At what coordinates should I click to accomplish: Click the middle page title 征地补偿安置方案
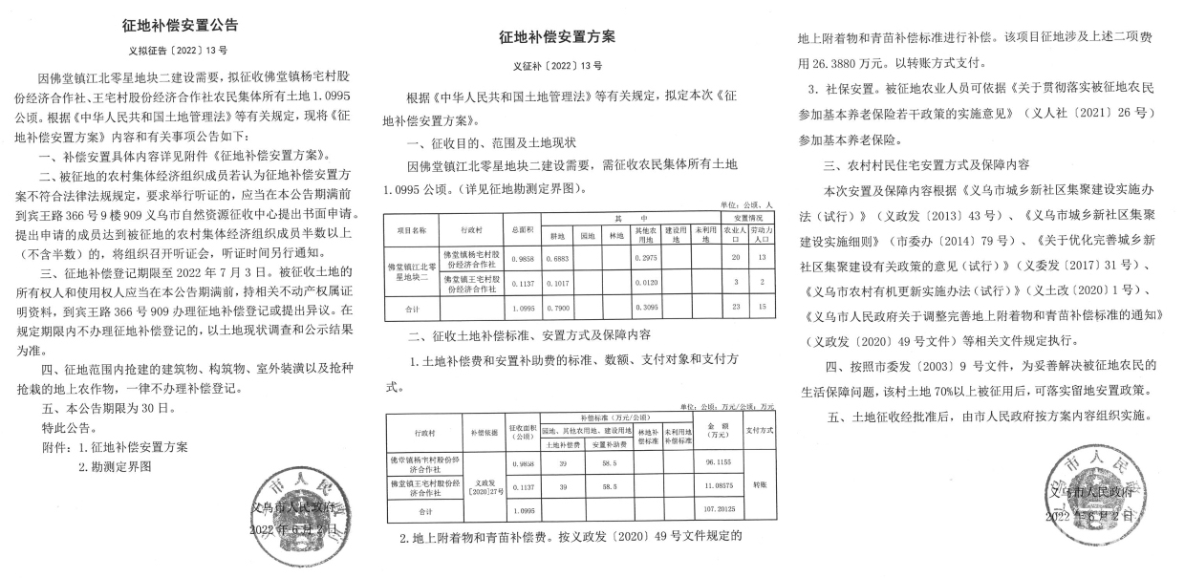[557, 36]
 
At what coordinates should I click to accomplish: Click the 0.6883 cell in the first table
[556, 258]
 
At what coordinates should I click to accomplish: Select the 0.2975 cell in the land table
[654, 258]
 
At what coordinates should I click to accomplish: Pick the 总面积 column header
[523, 230]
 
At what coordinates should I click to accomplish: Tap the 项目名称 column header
[413, 230]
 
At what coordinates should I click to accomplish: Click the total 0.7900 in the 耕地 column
[556, 308]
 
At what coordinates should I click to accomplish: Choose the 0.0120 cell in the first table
[654, 284]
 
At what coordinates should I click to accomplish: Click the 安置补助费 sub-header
[604, 443]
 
